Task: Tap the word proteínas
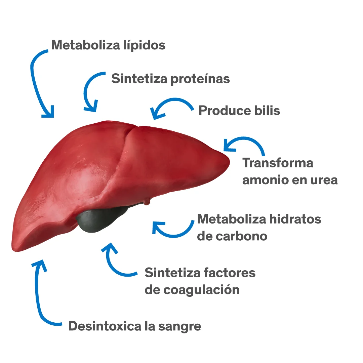[x=200, y=79]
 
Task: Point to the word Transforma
[x=278, y=163]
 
